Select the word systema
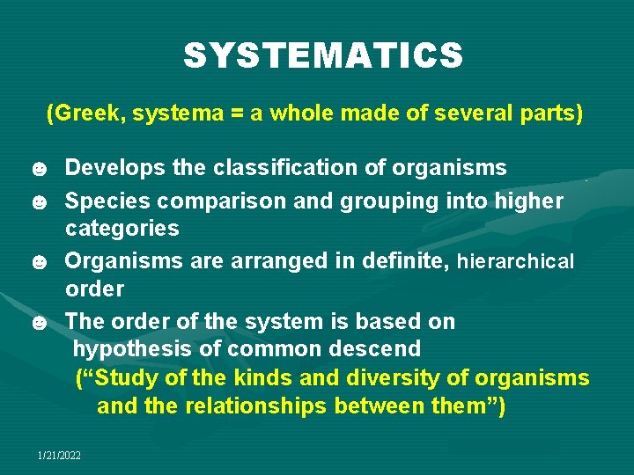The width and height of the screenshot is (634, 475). pyautogui.click(x=167, y=113)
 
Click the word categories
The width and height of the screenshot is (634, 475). pyautogui.click(x=122, y=229)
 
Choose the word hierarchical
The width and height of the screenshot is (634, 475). pyautogui.click(x=515, y=261)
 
